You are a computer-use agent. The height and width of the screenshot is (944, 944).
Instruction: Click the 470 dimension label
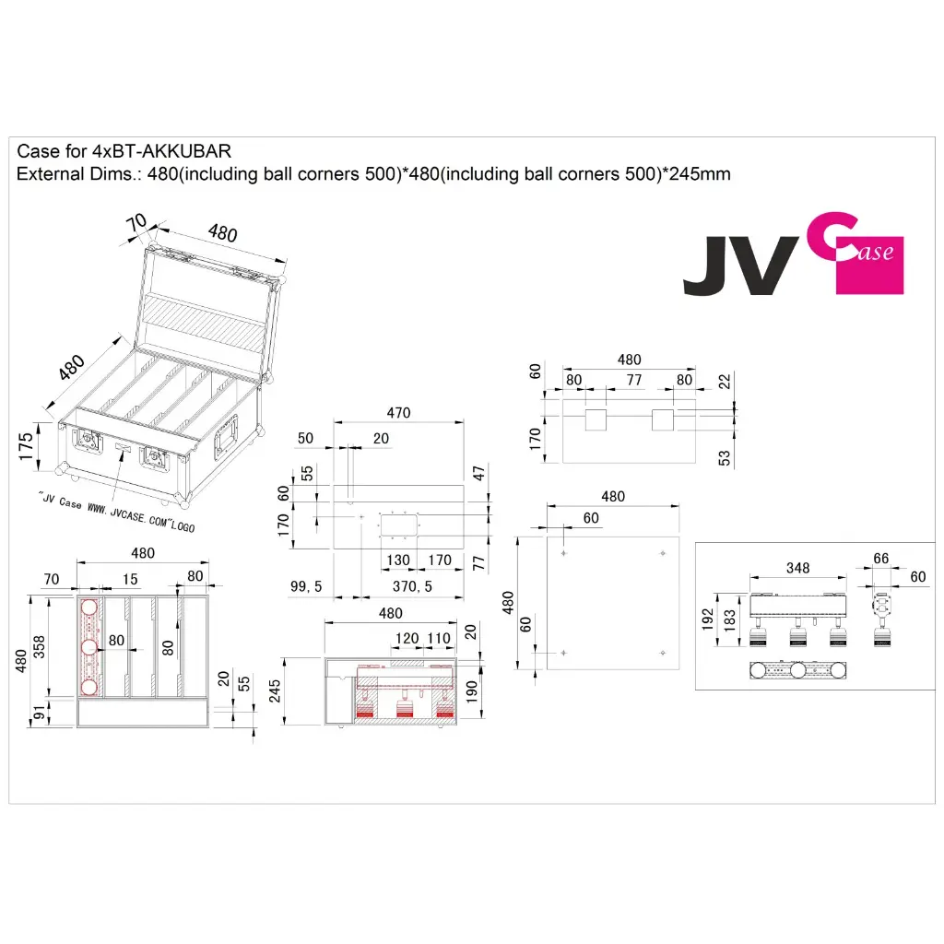tap(398, 413)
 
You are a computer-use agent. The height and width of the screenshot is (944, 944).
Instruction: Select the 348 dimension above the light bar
tap(797, 568)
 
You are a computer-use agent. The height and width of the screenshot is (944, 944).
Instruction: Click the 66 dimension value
tap(880, 558)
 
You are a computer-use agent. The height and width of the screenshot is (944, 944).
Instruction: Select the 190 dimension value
tap(471, 690)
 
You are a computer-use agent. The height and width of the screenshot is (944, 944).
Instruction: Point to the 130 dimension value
tap(398, 560)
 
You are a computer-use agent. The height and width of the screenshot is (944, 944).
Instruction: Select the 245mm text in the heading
tap(696, 173)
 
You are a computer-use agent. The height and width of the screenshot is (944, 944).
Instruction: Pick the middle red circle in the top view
tap(89, 648)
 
